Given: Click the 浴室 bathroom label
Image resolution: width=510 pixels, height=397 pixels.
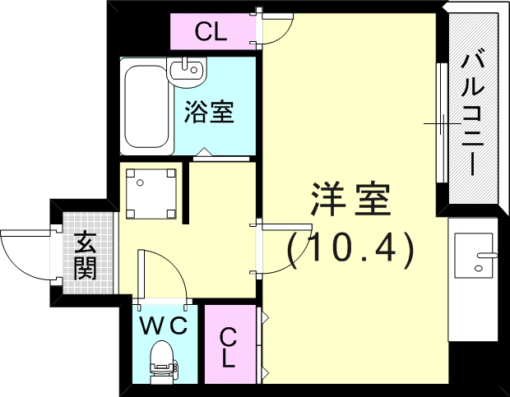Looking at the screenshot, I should pos(209,112).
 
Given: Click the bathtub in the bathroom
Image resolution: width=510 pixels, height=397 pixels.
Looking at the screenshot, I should pos(146,108).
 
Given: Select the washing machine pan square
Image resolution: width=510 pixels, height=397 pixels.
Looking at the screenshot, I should pos(151,192).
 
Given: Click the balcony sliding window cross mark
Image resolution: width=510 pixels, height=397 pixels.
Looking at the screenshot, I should pos(442,124).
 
